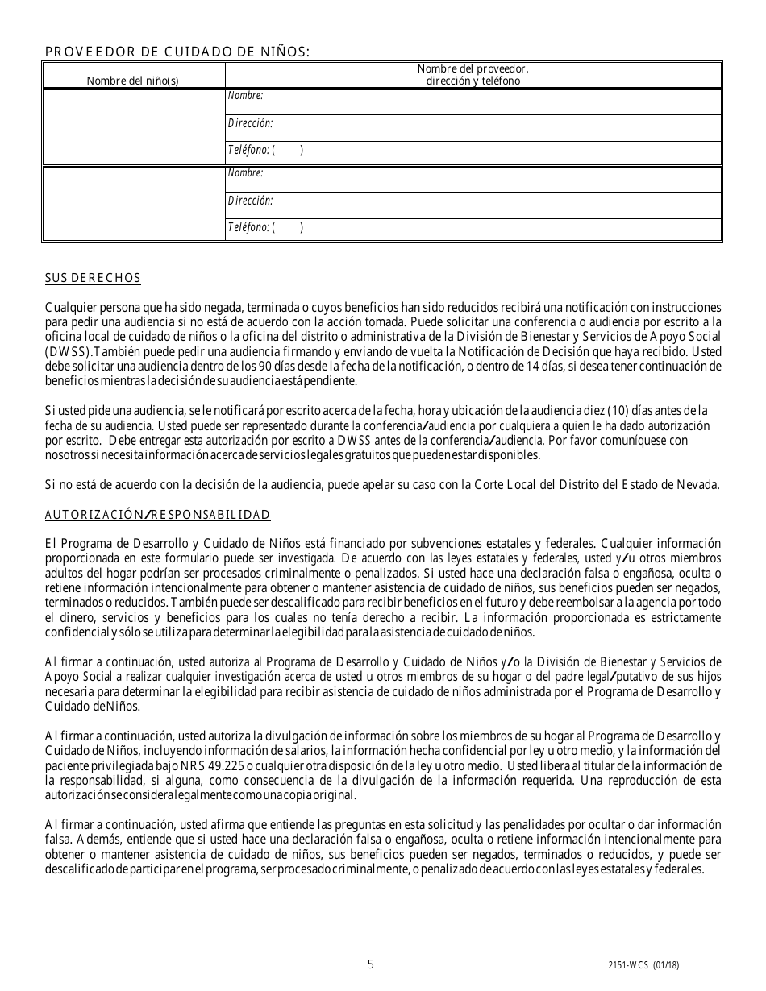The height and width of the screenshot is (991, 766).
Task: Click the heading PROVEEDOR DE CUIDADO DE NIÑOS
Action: pyautogui.click(x=177, y=52)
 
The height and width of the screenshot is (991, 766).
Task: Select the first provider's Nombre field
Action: pyautogui.click(x=484, y=102)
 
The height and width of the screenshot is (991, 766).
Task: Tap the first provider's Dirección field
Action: pyautogui.click(x=484, y=128)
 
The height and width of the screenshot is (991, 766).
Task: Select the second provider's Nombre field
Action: pyautogui.click(x=484, y=179)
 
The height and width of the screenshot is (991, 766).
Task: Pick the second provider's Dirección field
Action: pyautogui.click(x=484, y=205)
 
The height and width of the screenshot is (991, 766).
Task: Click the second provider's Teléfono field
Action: pyautogui.click(x=484, y=230)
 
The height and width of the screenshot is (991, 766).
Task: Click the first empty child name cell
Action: pyautogui.click(x=133, y=126)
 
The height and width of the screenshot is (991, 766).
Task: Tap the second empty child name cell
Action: pyautogui.click(x=133, y=203)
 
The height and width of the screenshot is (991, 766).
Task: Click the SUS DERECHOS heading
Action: pyautogui.click(x=93, y=278)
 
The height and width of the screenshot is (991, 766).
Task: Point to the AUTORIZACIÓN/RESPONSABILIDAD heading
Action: pyautogui.click(x=157, y=514)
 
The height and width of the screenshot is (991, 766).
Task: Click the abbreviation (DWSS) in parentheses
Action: pyautogui.click(x=68, y=353)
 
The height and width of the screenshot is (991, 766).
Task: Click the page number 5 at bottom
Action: pyautogui.click(x=370, y=964)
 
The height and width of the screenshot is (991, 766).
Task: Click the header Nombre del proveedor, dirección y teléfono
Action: pyautogui.click(x=473, y=75)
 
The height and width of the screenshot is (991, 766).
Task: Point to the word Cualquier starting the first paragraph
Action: pyautogui.click(x=72, y=308)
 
